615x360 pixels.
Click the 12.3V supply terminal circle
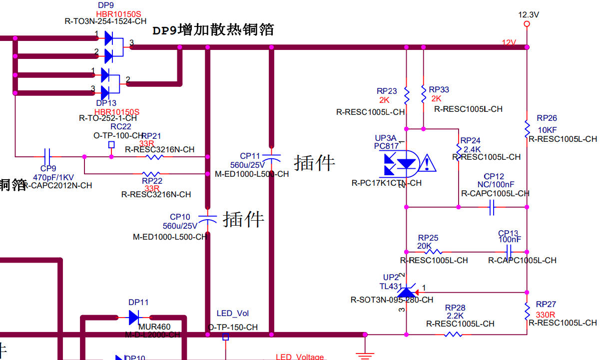527,24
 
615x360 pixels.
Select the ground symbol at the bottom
365,355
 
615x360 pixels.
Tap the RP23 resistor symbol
407,95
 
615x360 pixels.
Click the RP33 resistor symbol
424,93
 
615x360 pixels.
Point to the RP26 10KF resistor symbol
527,129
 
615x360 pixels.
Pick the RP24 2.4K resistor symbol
458,149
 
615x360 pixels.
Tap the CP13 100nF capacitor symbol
510,252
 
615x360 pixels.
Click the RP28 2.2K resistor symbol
453,334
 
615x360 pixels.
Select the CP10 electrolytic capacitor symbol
208,219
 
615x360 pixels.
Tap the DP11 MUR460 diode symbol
133,317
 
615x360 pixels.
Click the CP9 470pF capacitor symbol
48,156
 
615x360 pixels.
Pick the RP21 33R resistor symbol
154,157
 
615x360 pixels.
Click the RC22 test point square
111,145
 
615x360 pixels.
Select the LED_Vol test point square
225,337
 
